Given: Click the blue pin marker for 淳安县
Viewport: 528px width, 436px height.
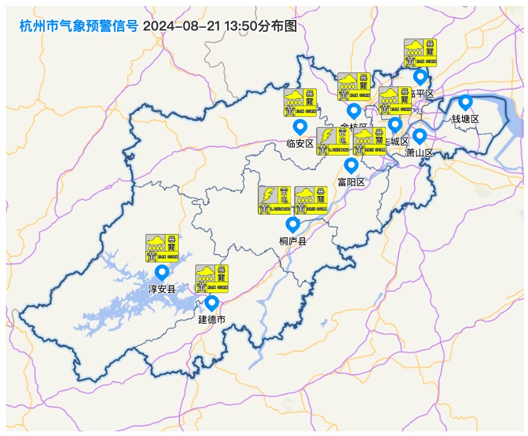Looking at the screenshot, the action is [x=161, y=272].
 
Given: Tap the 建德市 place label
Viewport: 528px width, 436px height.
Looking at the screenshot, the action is [x=212, y=320].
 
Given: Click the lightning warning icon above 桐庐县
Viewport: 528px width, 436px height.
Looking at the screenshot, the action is [x=274, y=200].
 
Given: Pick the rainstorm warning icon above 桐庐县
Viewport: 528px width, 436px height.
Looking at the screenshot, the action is [x=311, y=200].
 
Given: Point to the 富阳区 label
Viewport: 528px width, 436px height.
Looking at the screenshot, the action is [x=351, y=182].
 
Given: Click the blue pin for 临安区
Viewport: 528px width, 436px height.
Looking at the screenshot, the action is [x=300, y=126].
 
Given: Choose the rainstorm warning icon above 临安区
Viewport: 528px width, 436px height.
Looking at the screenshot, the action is [x=300, y=102].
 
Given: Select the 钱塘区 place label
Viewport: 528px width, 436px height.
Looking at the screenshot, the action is [x=466, y=119].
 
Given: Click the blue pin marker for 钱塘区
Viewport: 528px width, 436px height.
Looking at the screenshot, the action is [x=466, y=102].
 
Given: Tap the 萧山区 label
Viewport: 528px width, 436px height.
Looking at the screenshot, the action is [x=419, y=153].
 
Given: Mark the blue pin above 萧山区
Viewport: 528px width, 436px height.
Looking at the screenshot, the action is [x=419, y=136].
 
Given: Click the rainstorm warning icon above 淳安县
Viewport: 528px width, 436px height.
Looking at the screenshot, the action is [x=162, y=248].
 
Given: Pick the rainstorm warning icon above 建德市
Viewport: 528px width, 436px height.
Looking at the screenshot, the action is [x=212, y=278].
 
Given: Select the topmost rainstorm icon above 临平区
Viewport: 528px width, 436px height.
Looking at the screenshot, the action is [x=420, y=53].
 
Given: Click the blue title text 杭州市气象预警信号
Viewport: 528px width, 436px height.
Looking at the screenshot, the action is [x=79, y=27].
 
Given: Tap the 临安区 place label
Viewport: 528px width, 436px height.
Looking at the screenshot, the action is [x=300, y=144].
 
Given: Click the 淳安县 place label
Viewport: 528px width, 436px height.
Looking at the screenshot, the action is [x=161, y=289].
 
